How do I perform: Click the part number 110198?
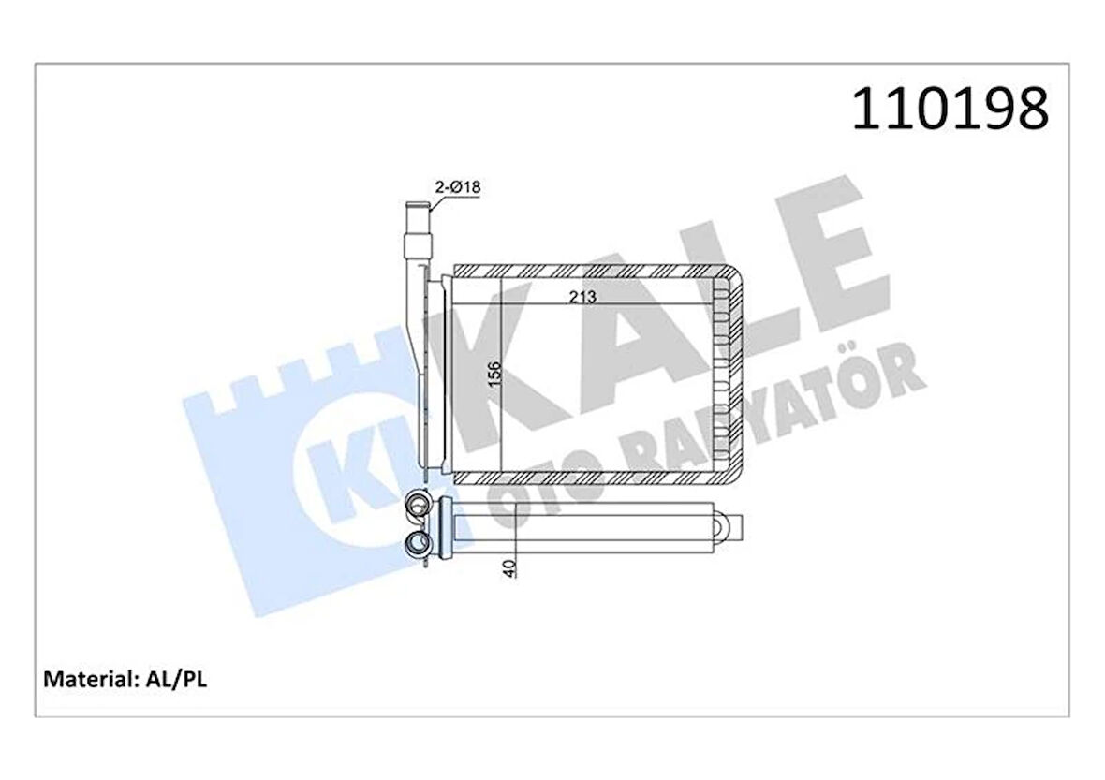click(x=950, y=110)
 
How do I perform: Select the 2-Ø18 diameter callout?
click(x=457, y=187)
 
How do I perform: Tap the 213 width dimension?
click(x=582, y=297)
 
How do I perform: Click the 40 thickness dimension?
click(x=508, y=567)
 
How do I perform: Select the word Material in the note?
click(x=89, y=679)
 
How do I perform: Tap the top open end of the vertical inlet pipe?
click(x=414, y=204)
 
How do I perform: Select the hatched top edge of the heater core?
click(x=590, y=272)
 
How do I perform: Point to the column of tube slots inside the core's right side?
click(x=720, y=375)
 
